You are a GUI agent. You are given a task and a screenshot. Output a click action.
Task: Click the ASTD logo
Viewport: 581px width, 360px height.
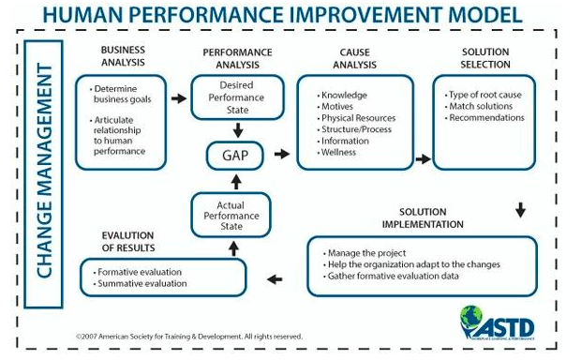pos(497,322)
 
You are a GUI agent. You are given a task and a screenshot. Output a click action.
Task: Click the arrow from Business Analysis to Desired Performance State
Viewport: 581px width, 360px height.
pos(179,98)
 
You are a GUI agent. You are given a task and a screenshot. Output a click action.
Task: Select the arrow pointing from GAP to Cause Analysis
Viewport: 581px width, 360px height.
pos(282,154)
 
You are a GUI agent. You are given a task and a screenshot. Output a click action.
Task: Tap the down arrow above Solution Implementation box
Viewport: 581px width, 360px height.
pos(521,210)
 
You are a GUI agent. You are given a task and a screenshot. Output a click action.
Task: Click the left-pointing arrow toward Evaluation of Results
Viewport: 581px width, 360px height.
pos(275,279)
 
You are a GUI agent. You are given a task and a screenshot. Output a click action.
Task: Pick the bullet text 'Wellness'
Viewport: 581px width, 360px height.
pos(338,153)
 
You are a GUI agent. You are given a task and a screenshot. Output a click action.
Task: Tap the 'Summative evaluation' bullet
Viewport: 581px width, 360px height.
pos(142,284)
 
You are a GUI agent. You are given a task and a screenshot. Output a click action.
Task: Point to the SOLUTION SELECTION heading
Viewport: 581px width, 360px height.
pos(485,58)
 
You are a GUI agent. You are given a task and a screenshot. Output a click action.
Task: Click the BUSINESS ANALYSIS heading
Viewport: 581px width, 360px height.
pos(123,56)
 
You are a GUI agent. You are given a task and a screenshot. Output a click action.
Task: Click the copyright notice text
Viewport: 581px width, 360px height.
pos(189,337)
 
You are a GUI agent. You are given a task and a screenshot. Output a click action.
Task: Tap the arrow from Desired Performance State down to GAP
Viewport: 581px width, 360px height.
pos(238,130)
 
